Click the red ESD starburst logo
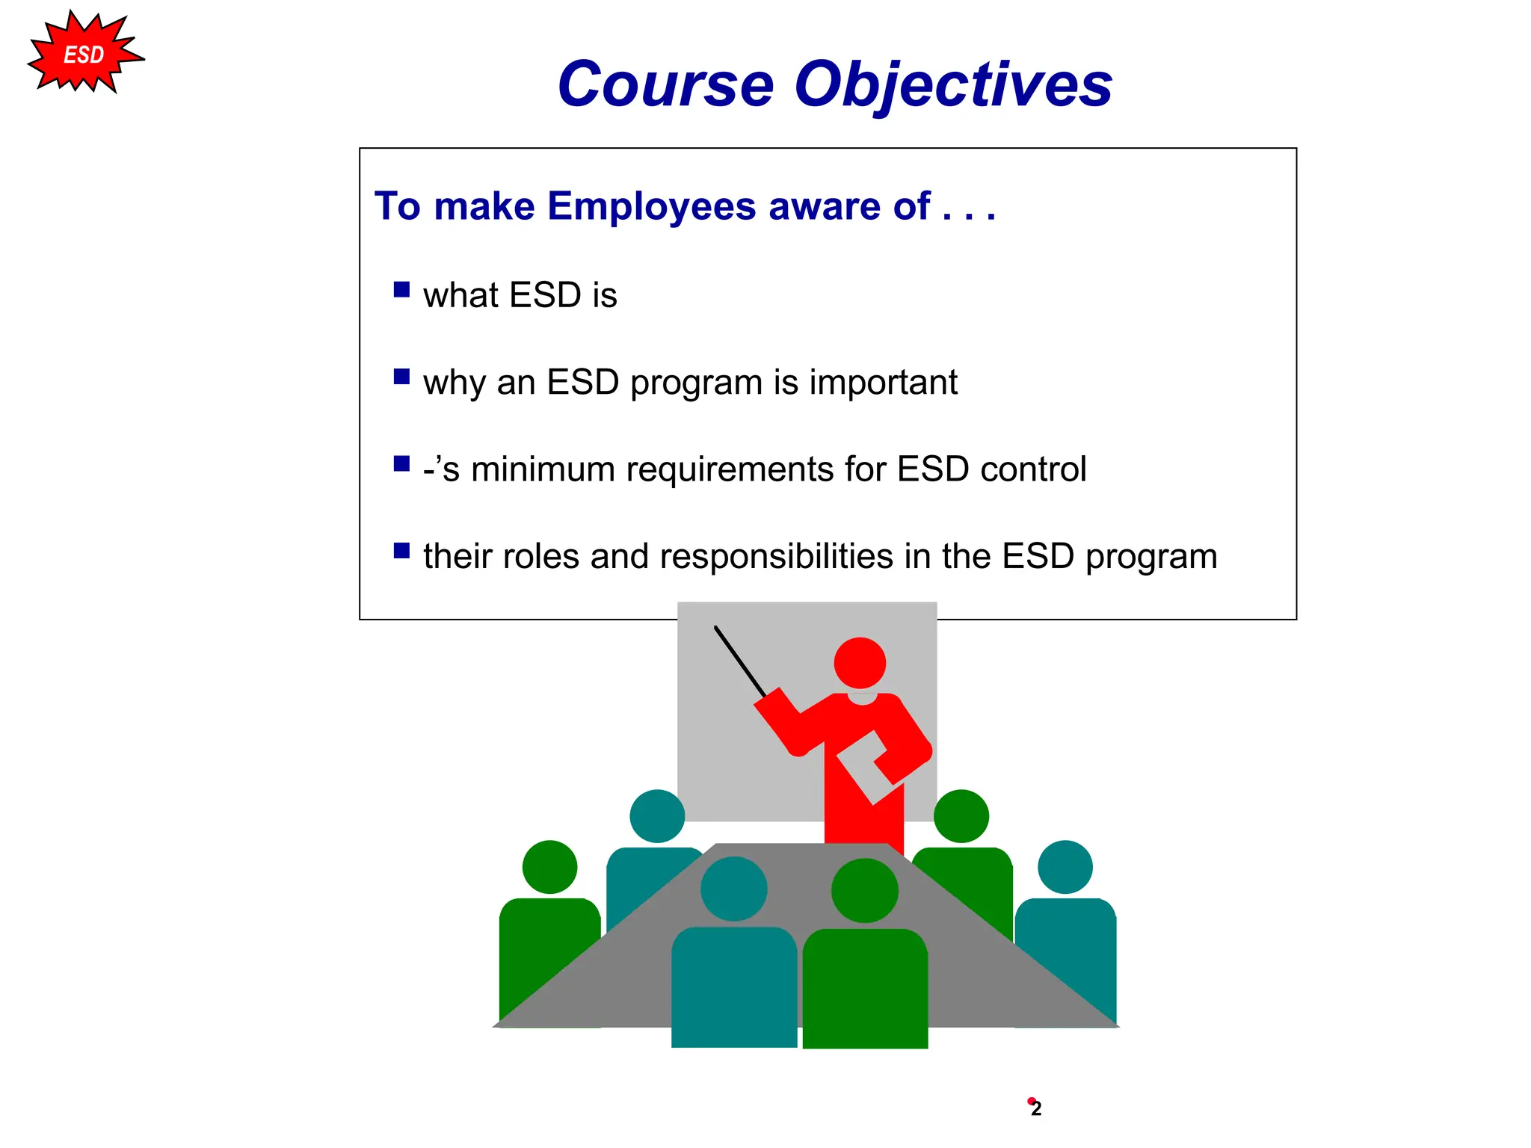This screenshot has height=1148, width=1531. [84, 55]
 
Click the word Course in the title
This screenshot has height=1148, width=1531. [665, 84]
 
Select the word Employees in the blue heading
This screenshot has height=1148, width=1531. [651, 206]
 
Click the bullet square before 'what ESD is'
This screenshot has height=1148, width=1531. [401, 290]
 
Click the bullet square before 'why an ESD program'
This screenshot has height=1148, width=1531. [401, 377]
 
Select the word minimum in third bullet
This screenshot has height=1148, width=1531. [543, 469]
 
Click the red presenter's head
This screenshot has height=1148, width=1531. [860, 662]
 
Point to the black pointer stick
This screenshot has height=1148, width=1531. [740, 661]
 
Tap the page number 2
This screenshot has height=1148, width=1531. [1036, 1108]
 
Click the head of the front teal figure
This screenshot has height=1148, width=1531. [733, 889]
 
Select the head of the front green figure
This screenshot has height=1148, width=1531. [865, 890]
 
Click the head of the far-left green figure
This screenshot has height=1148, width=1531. [549, 867]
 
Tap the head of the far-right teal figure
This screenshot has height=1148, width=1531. [1065, 867]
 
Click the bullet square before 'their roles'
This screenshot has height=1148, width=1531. [401, 551]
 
